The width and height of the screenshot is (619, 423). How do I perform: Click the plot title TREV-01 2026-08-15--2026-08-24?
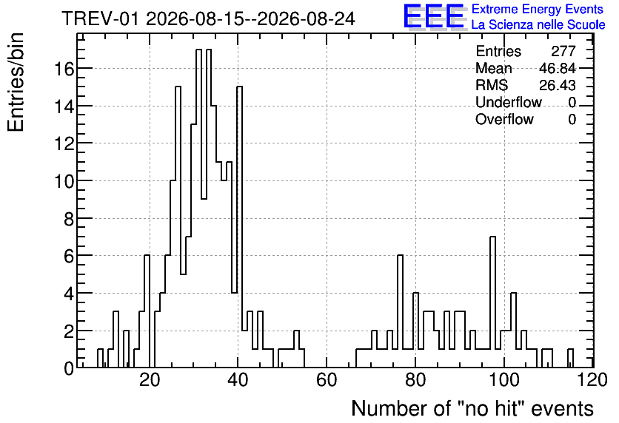pyautogui.click(x=209, y=18)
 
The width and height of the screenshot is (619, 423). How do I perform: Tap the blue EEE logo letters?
pyautogui.click(x=434, y=16)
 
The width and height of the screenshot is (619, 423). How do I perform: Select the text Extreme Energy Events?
pyautogui.click(x=538, y=9)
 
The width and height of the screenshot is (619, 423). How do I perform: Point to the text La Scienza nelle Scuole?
pyautogui.click(x=538, y=25)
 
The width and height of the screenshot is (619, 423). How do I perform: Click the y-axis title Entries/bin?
pyautogui.click(x=16, y=82)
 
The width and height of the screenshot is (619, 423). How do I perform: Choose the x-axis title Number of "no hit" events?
pyautogui.click(x=472, y=408)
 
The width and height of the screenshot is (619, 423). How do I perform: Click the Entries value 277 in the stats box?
pyautogui.click(x=563, y=51)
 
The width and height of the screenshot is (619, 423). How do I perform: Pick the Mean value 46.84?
pyautogui.click(x=558, y=68)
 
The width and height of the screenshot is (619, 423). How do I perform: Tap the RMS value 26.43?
pyautogui.click(x=558, y=85)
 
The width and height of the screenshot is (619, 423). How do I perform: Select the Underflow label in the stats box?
pyautogui.click(x=509, y=102)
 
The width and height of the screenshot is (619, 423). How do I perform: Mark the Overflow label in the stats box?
pyautogui.click(x=504, y=119)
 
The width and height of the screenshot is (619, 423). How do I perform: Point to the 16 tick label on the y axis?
pyautogui.click(x=64, y=69)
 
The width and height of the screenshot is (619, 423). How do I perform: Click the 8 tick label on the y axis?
pyautogui.click(x=69, y=219)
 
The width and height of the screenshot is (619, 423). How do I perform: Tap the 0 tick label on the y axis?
pyautogui.click(x=69, y=368)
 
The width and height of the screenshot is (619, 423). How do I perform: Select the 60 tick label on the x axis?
pyautogui.click(x=327, y=380)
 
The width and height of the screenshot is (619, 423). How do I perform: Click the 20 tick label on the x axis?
pyautogui.click(x=150, y=380)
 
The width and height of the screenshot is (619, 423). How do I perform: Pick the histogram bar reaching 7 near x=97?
pyautogui.click(x=492, y=302)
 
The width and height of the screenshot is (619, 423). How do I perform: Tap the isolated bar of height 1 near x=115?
pyautogui.click(x=570, y=359)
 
